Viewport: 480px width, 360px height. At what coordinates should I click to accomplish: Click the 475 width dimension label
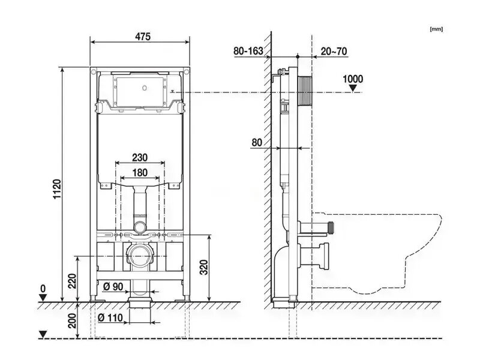pyautogui.click(x=143, y=37)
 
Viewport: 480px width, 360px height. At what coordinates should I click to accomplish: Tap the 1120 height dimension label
pyautogui.click(x=57, y=189)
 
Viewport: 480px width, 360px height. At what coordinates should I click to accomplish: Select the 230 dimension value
pyautogui.click(x=140, y=158)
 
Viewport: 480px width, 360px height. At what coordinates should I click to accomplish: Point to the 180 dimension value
pyautogui.click(x=140, y=173)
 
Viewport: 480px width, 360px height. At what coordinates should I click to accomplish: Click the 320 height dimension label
pyautogui.click(x=204, y=267)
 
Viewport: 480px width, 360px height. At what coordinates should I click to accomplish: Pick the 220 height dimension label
pyautogui.click(x=72, y=281)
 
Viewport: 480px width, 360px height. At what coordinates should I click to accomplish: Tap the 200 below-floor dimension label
pyautogui.click(x=72, y=321)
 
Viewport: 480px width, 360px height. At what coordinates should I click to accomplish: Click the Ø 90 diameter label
pyautogui.click(x=113, y=287)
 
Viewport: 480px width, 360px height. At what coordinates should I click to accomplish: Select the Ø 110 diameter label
pyautogui.click(x=110, y=318)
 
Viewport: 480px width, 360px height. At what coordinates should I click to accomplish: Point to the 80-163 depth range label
pyautogui.click(x=248, y=51)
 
